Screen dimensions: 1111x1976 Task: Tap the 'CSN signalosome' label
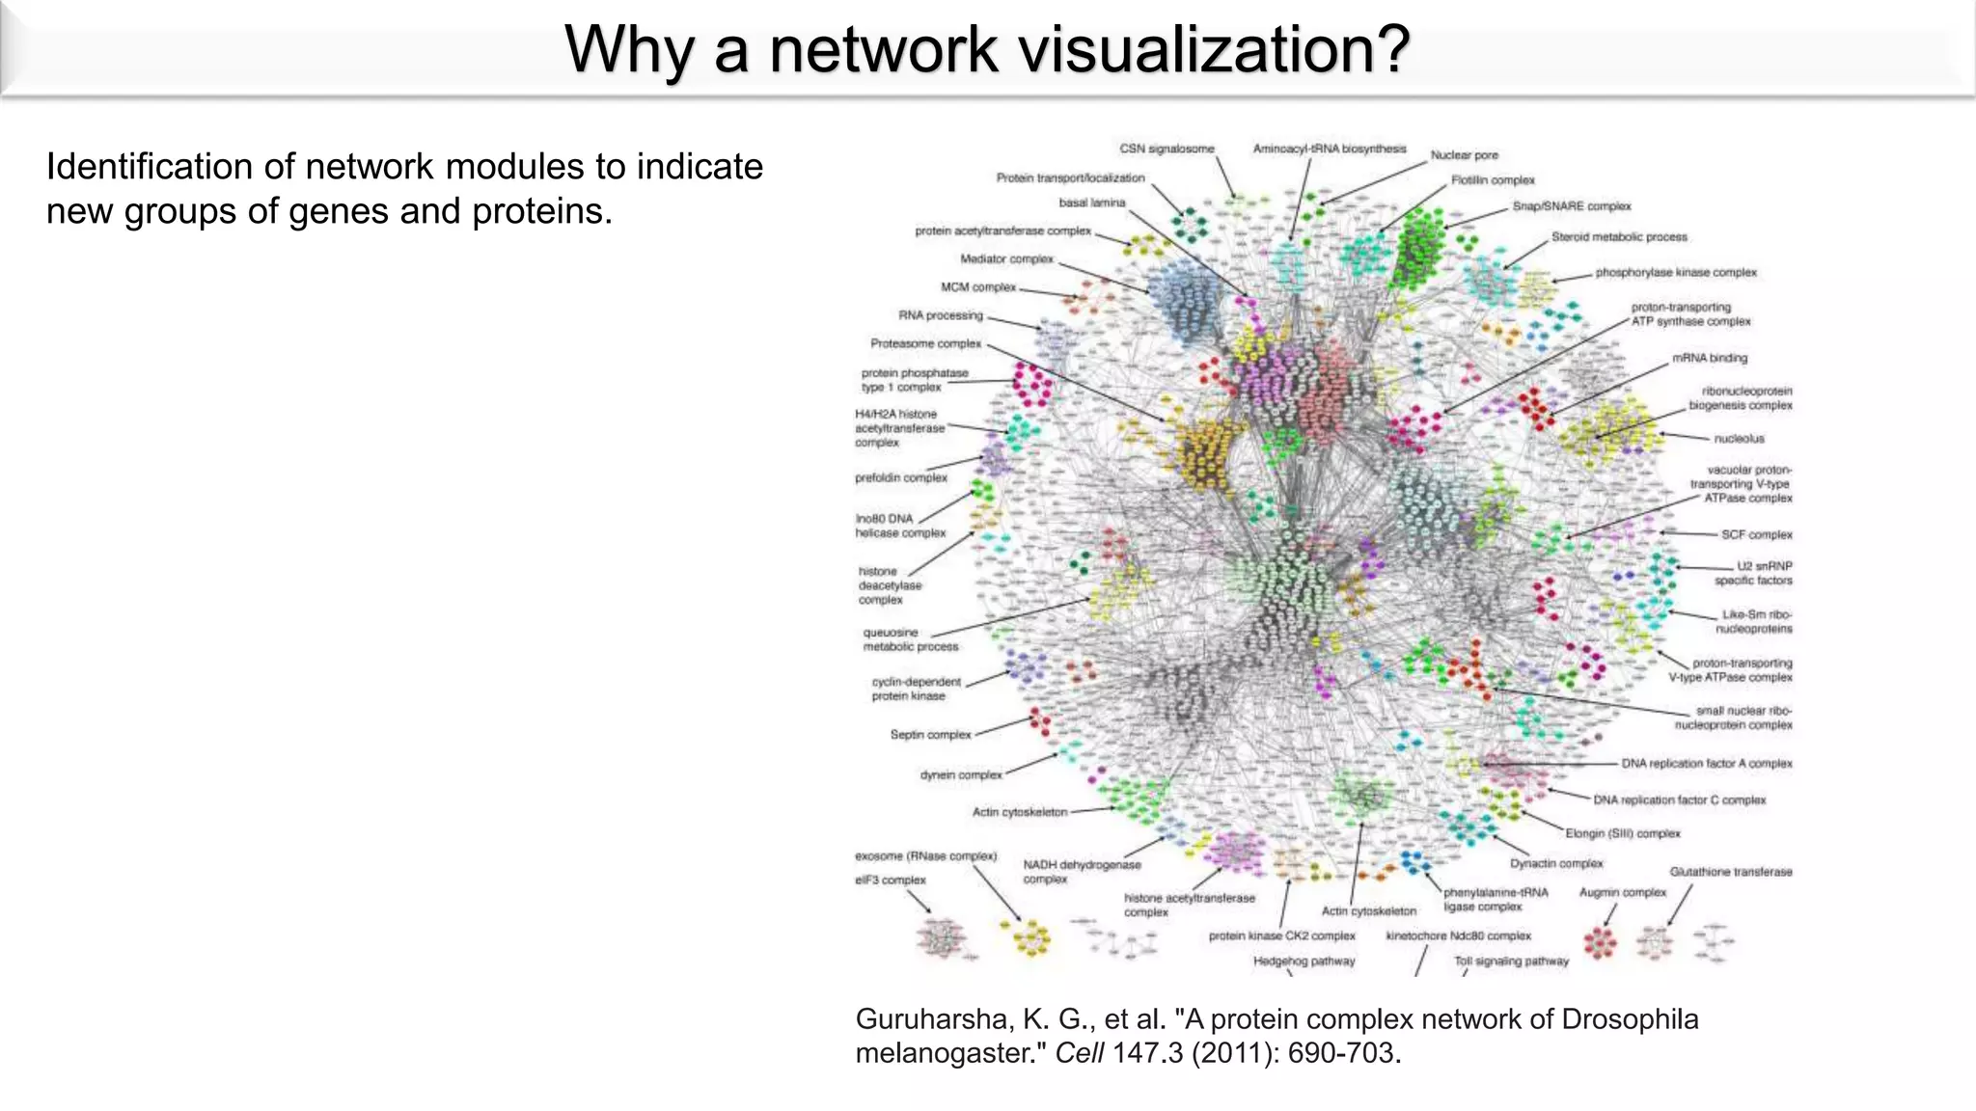click(x=1166, y=149)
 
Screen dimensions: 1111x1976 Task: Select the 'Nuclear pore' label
click(x=1464, y=154)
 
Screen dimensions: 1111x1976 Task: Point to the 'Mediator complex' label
click(x=1006, y=258)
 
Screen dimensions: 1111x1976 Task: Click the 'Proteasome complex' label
click(x=925, y=343)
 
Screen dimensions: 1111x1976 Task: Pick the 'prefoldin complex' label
click(x=900, y=477)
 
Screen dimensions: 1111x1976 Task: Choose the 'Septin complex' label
click(x=930, y=735)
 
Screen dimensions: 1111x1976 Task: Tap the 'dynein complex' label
click(x=961, y=774)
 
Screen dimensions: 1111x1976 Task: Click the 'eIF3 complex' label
click(x=890, y=880)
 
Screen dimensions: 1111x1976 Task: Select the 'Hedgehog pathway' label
click(x=1304, y=961)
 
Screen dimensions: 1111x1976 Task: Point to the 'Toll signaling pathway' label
click(x=1511, y=961)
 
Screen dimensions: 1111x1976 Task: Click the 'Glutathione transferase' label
click(x=1731, y=872)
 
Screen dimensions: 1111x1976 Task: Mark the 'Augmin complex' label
click(x=1622, y=892)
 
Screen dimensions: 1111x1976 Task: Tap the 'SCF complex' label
click(x=1756, y=534)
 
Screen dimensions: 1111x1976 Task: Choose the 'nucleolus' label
click(x=1739, y=439)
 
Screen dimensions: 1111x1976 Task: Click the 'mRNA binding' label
click(x=1710, y=358)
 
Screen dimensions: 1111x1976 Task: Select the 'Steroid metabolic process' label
click(x=1619, y=236)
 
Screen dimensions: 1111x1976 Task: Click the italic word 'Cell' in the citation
click(x=1079, y=1052)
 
